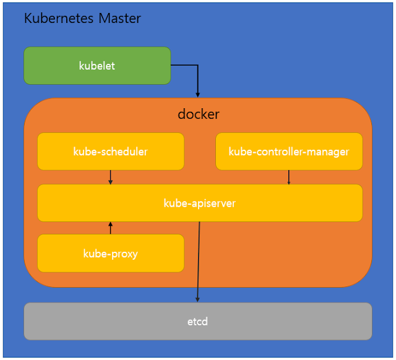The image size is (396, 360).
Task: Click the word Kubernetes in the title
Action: pos(59,18)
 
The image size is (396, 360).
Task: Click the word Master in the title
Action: pos(119,18)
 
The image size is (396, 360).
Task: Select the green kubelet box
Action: pos(97,66)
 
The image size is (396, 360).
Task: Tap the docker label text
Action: pos(199,114)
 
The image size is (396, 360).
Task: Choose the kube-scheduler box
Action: pos(111,152)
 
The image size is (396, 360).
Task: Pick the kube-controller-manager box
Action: pos(289,152)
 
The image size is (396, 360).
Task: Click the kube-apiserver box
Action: pos(200,203)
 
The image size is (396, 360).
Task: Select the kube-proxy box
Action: pos(111,253)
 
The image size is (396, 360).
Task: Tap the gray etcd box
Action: pos(198,322)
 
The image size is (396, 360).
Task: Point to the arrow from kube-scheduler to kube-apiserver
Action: pos(110,178)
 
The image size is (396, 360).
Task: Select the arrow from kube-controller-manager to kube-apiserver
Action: pos(289,178)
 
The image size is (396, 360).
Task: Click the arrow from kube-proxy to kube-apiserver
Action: pos(110,228)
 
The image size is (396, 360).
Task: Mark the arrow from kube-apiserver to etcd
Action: pos(199,262)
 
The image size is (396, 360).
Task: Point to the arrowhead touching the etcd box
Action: pos(197,299)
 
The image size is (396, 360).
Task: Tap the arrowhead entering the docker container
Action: pos(198,95)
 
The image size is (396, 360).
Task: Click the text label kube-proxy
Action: pos(111,254)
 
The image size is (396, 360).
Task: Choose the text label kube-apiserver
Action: pos(199,204)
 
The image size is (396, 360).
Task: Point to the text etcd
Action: pos(197,322)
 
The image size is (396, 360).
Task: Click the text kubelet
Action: pos(97,66)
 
